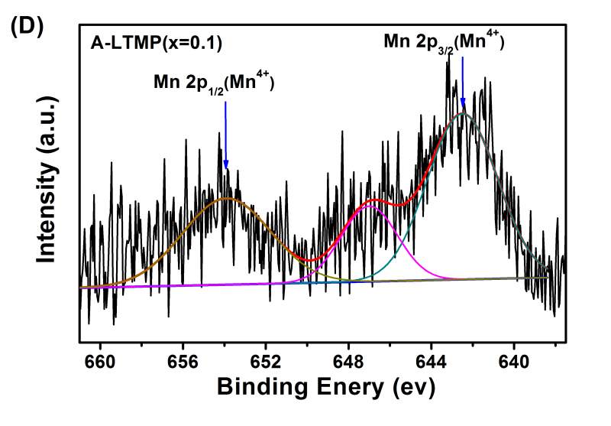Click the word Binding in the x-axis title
click(260, 386)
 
